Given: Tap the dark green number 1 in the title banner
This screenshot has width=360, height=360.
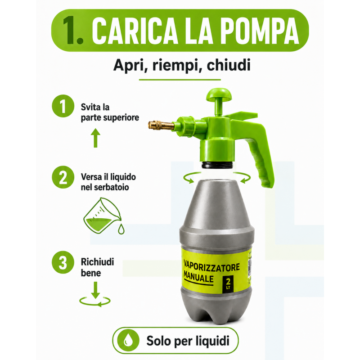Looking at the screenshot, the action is [x=70, y=30].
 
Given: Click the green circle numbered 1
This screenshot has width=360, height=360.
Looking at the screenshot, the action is [x=63, y=106].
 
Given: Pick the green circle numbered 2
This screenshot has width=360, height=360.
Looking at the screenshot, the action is [x=63, y=177].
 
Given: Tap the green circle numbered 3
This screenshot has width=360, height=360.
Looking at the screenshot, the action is [x=63, y=262].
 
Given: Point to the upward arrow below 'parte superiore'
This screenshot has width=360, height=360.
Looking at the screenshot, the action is [x=95, y=138].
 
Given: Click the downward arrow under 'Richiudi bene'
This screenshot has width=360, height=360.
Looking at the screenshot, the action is [x=95, y=290].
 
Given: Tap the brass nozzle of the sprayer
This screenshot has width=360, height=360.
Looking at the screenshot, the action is [x=161, y=125].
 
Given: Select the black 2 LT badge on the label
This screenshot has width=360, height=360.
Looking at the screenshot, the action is [x=228, y=284].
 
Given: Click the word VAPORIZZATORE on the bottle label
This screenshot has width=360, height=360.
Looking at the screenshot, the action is [x=211, y=267].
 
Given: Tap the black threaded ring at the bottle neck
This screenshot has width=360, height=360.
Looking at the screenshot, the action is [x=218, y=165].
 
